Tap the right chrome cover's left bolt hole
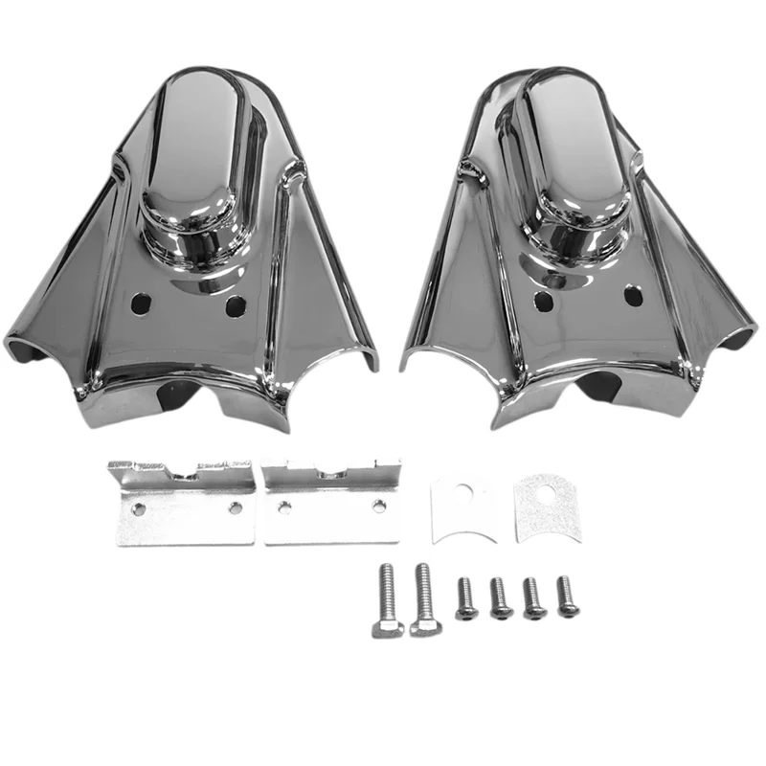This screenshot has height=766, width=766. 543,300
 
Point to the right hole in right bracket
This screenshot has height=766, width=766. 380,504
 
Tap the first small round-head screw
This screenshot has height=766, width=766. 464,597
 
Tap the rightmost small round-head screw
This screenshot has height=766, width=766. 566,595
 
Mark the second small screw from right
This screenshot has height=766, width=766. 531,597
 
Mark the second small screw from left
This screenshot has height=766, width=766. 498,597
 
